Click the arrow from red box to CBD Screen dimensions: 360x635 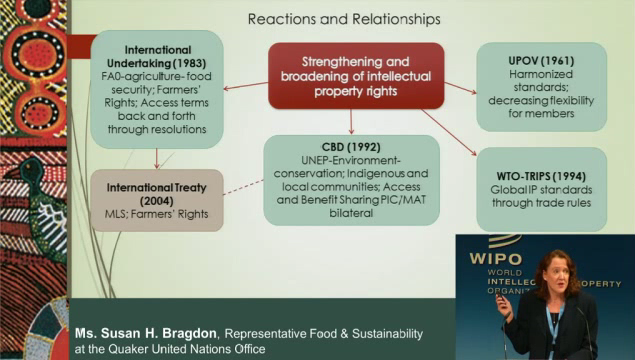[x=352, y=123]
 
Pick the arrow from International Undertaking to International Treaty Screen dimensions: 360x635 [x=156, y=158]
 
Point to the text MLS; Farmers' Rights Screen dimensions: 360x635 [x=154, y=215]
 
